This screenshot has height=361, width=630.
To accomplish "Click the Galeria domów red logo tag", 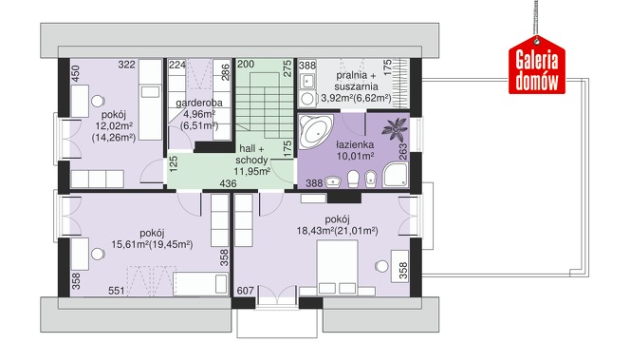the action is coord(537,66).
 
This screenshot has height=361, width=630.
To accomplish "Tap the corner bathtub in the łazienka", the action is coord(316,130).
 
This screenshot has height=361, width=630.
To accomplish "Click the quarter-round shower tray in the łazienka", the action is coord(396,175).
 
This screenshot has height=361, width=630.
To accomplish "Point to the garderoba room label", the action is coord(199,103).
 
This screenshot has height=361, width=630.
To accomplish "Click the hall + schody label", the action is coord(252,154).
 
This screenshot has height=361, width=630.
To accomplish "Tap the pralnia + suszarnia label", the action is coord(357,81).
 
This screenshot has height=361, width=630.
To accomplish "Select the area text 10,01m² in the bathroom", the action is coord(355,156).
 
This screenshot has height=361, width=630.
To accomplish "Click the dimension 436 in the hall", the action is coord(228,184).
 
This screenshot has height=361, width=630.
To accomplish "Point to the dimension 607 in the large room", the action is coord(245,291).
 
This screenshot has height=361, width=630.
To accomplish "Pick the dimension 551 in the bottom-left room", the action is coord(117,291).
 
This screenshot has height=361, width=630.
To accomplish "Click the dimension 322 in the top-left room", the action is coord(126,65).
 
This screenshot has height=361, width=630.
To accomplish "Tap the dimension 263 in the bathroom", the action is coord(403,152).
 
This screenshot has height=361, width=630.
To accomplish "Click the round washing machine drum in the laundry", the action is coord(307,99).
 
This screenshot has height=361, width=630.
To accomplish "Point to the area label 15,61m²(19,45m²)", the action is coord(152,244).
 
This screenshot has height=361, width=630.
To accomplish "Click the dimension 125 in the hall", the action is coord(174,164).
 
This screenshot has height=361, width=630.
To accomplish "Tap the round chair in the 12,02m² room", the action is coord(98,101).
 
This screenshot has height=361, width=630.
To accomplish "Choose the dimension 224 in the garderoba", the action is coord(177,65).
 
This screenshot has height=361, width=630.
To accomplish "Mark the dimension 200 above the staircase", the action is coord(246,64).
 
